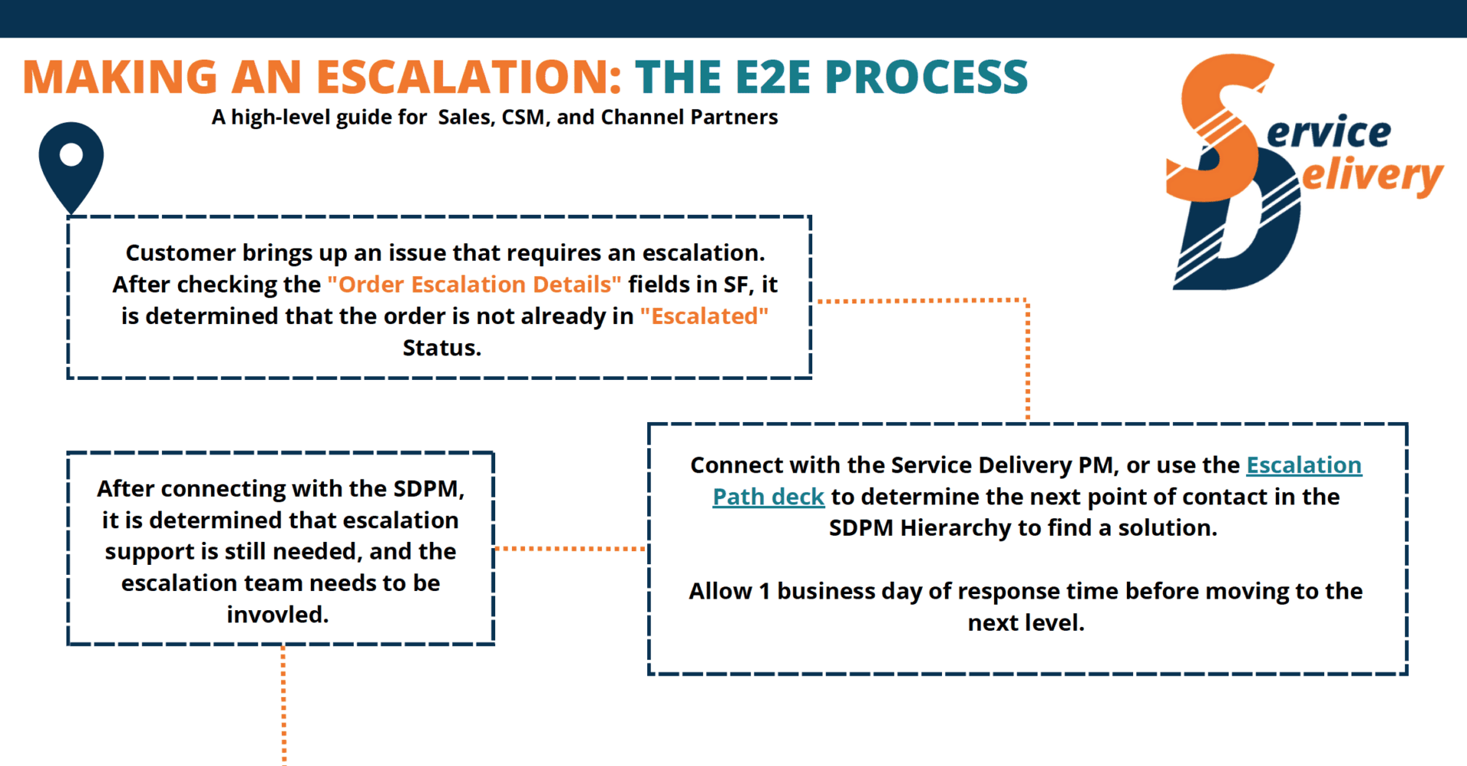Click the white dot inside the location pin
71,154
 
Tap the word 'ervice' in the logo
1329,133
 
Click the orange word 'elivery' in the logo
1371,176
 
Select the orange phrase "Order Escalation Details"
474,284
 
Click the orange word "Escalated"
704,316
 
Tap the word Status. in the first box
442,348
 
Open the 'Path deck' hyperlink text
768,497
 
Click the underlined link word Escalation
1303,465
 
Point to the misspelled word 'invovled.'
277,615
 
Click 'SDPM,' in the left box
429,488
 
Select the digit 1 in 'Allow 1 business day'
763,591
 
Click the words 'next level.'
1025,623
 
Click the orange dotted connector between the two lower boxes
570,548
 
